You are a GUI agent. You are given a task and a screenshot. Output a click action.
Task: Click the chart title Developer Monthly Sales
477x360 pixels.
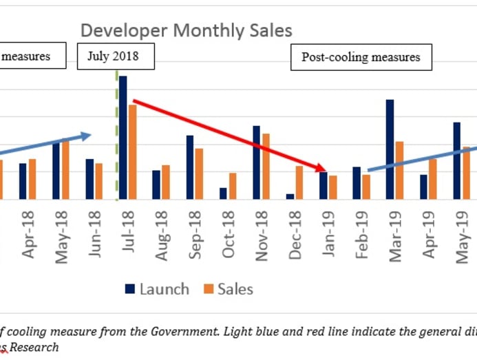click(x=186, y=30)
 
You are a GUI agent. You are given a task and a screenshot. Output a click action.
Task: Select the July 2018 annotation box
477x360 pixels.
click(x=116, y=56)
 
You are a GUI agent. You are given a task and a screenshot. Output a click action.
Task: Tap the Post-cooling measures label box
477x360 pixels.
click(x=361, y=58)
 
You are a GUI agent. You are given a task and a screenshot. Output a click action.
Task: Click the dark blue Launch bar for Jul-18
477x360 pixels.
click(x=123, y=138)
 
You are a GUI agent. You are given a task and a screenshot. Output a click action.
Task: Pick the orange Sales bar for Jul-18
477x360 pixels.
click(x=132, y=151)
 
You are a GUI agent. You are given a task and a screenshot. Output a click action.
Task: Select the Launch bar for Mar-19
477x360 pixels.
click(x=390, y=149)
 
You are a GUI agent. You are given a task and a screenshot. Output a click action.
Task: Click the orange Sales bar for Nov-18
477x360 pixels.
click(x=266, y=166)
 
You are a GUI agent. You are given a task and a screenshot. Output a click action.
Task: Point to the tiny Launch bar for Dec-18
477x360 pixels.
click(x=290, y=196)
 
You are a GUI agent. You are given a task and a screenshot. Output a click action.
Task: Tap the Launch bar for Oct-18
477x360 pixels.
click(x=223, y=193)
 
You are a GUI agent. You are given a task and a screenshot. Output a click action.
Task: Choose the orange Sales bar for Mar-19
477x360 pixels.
click(x=399, y=170)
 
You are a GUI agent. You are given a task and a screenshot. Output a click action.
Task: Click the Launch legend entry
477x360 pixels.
click(x=157, y=289)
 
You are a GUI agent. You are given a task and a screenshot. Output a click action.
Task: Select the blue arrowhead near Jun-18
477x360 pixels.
click(x=87, y=136)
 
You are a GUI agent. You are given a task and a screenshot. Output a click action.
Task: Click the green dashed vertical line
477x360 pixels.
click(x=116, y=138)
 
